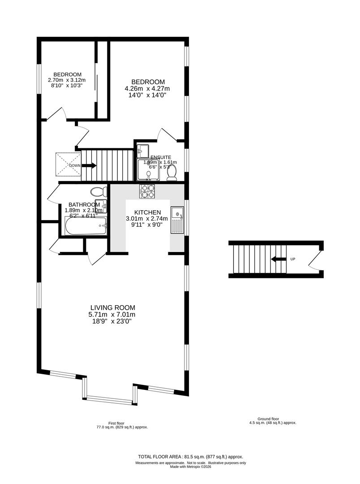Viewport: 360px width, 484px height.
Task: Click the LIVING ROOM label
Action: [x=112, y=307]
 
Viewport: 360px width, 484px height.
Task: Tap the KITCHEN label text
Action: [x=147, y=212]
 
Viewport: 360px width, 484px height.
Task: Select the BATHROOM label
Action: [x=84, y=204]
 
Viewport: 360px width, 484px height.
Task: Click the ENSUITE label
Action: [x=161, y=157]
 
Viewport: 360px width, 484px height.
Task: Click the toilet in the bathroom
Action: [x=99, y=192]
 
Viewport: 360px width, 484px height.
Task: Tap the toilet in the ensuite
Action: [x=171, y=173]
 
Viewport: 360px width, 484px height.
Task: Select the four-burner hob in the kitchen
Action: [x=148, y=191]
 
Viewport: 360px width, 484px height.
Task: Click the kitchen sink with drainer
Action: [x=177, y=220]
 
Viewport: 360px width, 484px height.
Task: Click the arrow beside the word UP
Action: [x=279, y=259]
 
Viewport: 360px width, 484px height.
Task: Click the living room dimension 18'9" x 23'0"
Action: [x=112, y=321]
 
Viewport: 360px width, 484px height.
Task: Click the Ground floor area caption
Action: [x=273, y=421]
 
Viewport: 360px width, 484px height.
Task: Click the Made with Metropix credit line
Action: [x=191, y=467]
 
